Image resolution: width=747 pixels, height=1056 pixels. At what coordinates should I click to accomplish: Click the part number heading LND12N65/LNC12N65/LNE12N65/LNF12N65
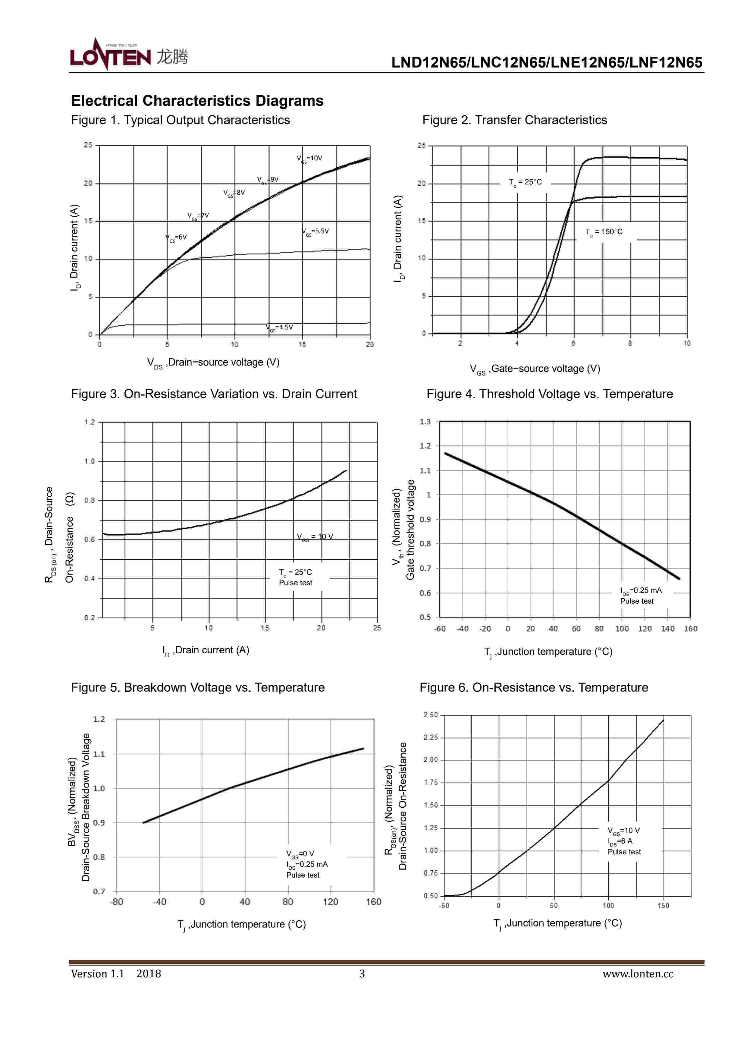(x=546, y=63)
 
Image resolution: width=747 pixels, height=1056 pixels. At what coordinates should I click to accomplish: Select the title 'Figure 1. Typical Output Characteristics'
(x=180, y=120)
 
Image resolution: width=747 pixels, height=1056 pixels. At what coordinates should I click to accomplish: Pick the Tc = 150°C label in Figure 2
(x=604, y=232)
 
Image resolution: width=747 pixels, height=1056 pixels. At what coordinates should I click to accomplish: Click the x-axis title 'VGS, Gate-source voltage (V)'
(x=535, y=369)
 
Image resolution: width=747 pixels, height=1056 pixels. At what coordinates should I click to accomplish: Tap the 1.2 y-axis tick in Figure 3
(x=89, y=422)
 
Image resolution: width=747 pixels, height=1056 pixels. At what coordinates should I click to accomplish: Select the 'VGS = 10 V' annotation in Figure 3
(x=315, y=537)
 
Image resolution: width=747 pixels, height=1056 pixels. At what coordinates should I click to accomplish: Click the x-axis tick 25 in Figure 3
(x=377, y=628)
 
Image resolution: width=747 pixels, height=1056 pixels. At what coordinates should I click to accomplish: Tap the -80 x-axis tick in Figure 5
(x=116, y=902)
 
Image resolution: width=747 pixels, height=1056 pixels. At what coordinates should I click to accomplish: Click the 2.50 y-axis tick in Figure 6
(x=431, y=715)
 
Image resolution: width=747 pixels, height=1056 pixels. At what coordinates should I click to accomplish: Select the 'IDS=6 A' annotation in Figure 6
(x=620, y=841)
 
